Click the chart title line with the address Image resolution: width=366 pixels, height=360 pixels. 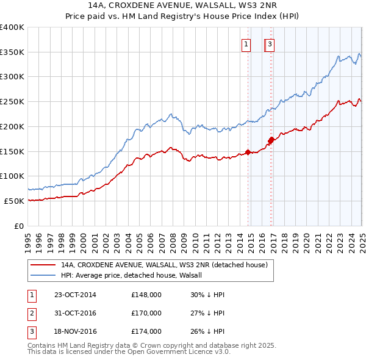coord(182,6)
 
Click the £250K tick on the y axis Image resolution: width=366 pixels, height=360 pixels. coord(12,101)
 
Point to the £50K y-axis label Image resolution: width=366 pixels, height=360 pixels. coord(14,201)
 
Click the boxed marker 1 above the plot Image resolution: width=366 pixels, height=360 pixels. coord(246,44)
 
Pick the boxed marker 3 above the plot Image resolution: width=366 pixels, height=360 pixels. coord(270,44)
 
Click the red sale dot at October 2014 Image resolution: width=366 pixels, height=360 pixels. coord(248,152)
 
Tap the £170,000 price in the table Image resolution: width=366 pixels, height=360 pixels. coord(146,314)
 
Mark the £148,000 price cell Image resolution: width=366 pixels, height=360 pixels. coord(146,295)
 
